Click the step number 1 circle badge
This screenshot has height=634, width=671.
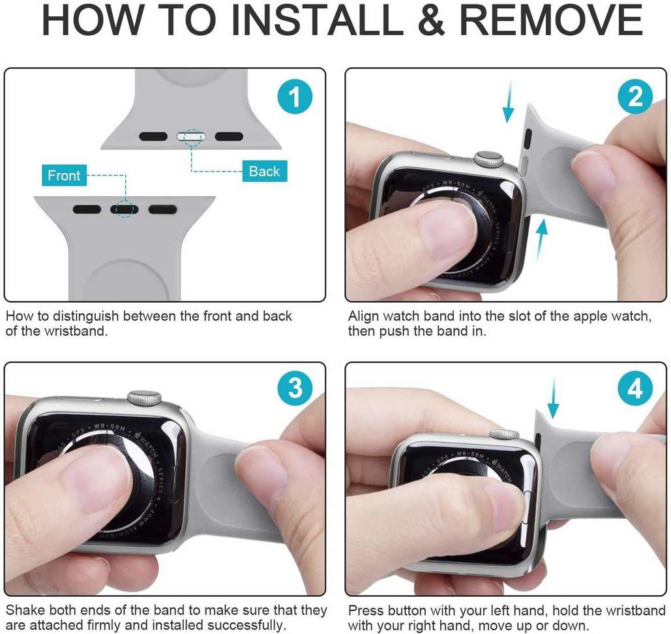click(295, 97)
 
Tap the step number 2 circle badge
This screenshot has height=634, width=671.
click(635, 97)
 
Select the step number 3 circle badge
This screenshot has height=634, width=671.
click(295, 389)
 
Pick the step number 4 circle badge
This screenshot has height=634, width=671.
click(635, 389)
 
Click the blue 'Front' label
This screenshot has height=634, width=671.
click(64, 175)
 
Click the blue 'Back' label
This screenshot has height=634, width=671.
click(264, 172)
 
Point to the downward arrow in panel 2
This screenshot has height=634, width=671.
click(509, 102)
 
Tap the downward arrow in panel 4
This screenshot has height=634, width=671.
click(553, 397)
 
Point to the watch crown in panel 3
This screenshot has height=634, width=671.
click(144, 397)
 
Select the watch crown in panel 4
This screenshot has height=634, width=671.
click(504, 434)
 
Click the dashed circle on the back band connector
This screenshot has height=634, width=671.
click(192, 137)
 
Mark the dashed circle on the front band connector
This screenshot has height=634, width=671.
click(124, 209)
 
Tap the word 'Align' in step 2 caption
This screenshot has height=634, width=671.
click(363, 316)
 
